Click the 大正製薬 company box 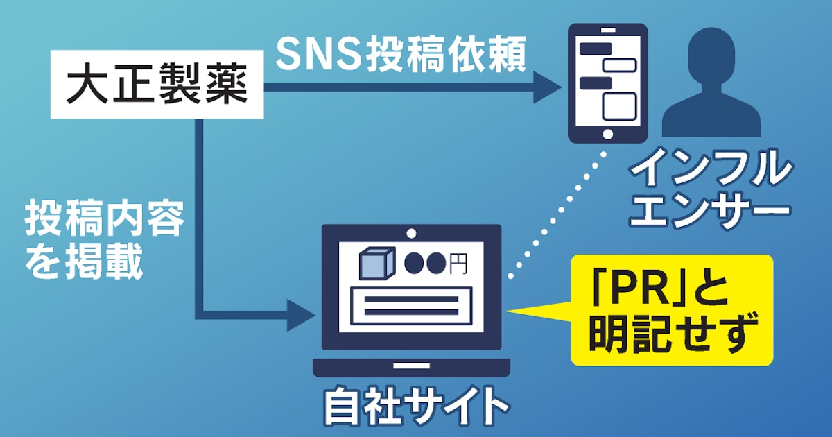point(157,85)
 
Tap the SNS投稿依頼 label point(401,55)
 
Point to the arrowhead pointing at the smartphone point(547,87)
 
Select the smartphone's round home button point(607,134)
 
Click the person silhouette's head point(711,55)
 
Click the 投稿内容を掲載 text point(104,240)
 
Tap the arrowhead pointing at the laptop point(301,316)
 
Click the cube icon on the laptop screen point(376,263)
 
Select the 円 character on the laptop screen point(458,264)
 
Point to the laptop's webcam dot point(411,233)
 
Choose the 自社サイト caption point(417,406)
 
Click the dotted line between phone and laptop point(557,214)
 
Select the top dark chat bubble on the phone point(596,49)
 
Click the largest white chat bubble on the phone point(619,107)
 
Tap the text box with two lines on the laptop point(411,305)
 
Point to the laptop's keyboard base point(411,367)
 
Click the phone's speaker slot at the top point(607,30)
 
